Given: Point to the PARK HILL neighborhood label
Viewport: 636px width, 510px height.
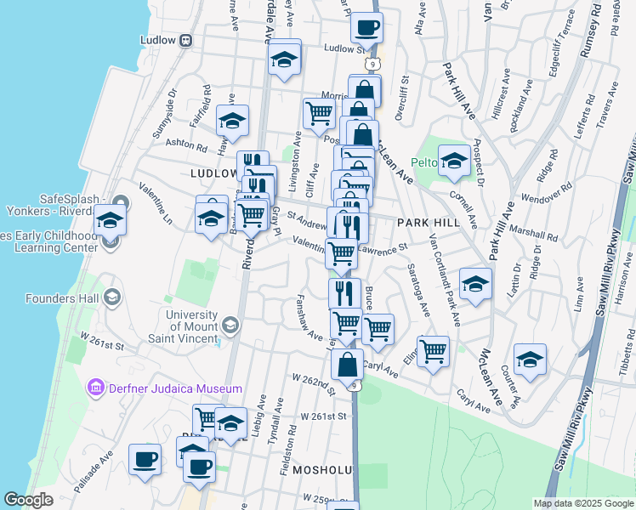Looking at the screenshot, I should pyautogui.click(x=428, y=222).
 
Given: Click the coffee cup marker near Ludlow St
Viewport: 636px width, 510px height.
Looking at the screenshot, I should pyautogui.click(x=366, y=28).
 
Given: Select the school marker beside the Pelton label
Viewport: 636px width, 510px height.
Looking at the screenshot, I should pyautogui.click(x=454, y=161).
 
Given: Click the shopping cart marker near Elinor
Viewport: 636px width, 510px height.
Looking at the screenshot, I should pyautogui.click(x=433, y=351).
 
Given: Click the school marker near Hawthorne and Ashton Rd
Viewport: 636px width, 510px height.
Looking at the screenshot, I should pyautogui.click(x=231, y=122).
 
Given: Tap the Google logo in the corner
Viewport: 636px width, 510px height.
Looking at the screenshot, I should pyautogui.click(x=28, y=500).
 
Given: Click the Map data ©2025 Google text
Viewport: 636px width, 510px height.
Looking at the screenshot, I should pyautogui.click(x=582, y=503).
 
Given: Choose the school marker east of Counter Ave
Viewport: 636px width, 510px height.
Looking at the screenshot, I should pyautogui.click(x=529, y=360).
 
